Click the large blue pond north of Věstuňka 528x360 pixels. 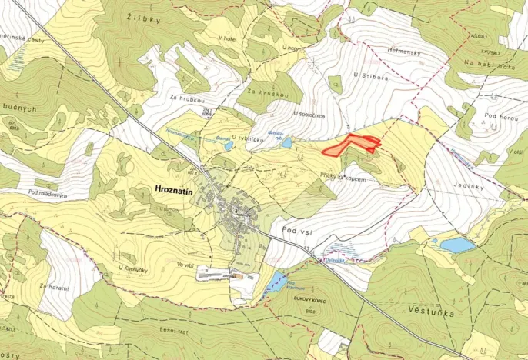[456, 245]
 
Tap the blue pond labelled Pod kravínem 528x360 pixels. [276, 279]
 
